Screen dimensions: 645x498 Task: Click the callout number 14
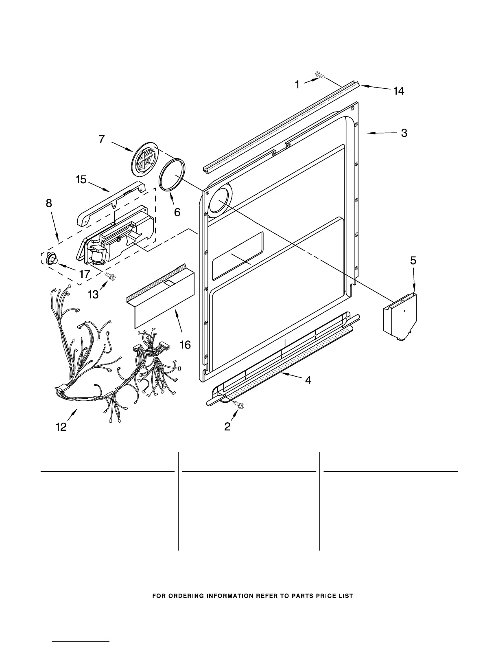pyautogui.click(x=399, y=91)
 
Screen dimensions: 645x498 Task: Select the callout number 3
pyautogui.click(x=404, y=133)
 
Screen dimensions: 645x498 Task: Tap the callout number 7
pyautogui.click(x=102, y=139)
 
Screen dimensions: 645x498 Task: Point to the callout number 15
pyautogui.click(x=81, y=179)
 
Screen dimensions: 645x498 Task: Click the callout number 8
pyautogui.click(x=49, y=203)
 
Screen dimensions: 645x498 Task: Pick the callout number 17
pyautogui.click(x=84, y=274)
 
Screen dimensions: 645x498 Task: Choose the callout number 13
pyautogui.click(x=93, y=294)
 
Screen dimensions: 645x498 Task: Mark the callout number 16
pyautogui.click(x=185, y=345)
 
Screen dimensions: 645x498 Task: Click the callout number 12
pyautogui.click(x=61, y=427)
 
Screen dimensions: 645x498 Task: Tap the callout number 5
pyautogui.click(x=413, y=261)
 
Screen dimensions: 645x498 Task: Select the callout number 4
pyautogui.click(x=308, y=380)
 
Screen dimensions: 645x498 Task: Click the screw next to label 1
pyautogui.click(x=319, y=74)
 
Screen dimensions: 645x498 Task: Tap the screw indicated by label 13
pyautogui.click(x=110, y=277)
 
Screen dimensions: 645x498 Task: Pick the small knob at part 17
pyautogui.click(x=52, y=258)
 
